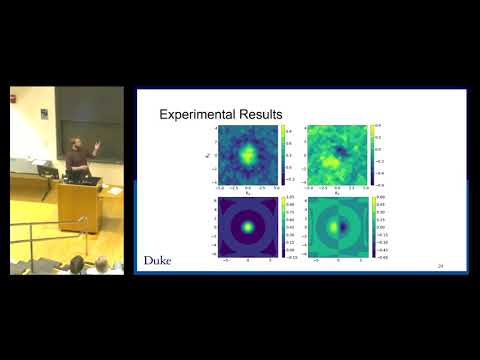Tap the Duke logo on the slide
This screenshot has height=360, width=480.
click(157, 261)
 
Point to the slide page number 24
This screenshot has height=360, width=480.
click(440, 267)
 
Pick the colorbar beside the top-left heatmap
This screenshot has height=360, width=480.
click(284, 155)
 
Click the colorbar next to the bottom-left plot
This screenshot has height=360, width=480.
click(284, 227)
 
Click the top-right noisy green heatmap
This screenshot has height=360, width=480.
click(338, 155)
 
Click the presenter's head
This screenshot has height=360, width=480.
click(77, 143)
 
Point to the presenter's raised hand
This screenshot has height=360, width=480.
click(97, 146)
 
